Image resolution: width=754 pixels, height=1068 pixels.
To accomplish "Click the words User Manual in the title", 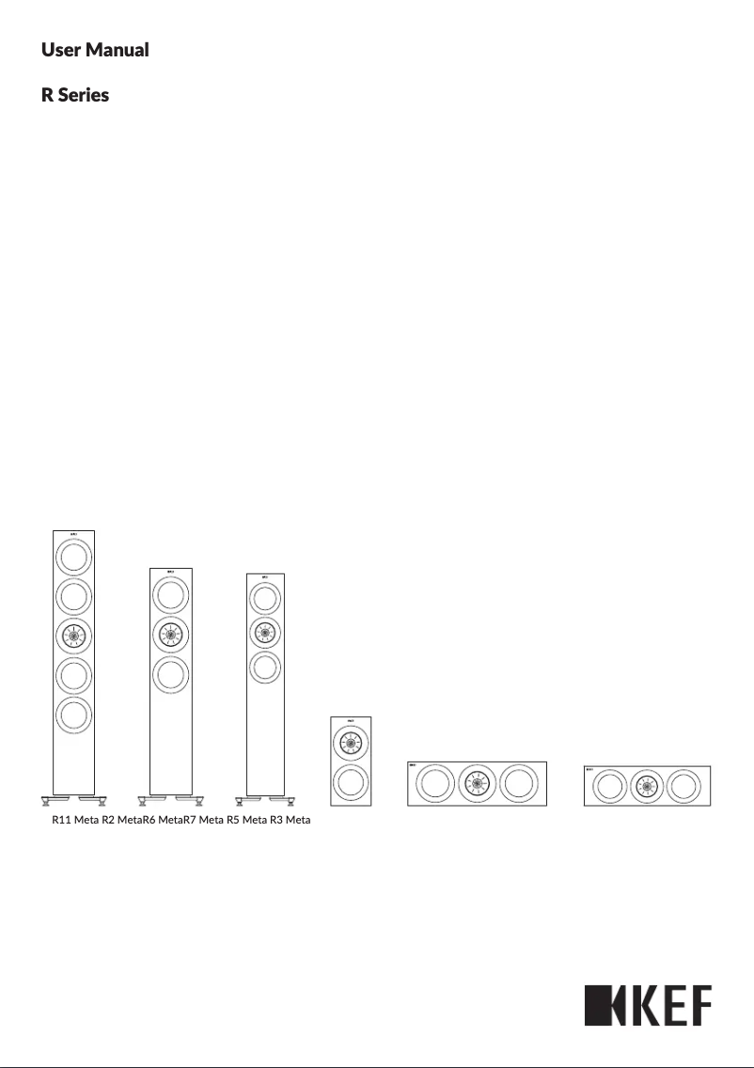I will (x=95, y=50).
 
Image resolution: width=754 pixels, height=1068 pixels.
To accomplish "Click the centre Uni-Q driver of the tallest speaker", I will (x=73, y=636).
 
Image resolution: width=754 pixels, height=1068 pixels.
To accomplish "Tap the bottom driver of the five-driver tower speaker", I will (x=73, y=715).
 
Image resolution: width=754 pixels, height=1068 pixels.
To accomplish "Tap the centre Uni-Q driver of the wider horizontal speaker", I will (x=477, y=784).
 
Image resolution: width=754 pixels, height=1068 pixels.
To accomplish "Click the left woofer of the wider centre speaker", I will (x=433, y=784).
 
